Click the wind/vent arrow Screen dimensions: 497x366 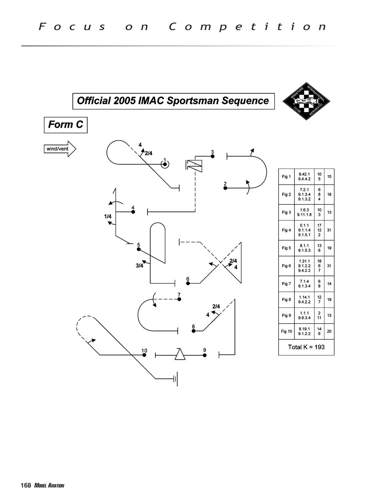(60, 149)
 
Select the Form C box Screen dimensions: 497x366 (66, 125)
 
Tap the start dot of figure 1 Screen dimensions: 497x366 (165, 164)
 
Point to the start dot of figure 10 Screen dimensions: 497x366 (144, 354)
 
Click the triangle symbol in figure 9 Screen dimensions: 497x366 (180, 354)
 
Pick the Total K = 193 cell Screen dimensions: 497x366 (306, 347)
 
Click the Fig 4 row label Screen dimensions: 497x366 (286, 230)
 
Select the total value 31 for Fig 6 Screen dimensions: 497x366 (329, 266)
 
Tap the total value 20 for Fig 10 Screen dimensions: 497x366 (329, 331)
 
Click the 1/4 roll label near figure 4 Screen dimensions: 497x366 (107, 216)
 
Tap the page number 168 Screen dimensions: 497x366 (26, 485)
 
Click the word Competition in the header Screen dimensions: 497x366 (248, 27)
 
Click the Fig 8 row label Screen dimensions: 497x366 (286, 299)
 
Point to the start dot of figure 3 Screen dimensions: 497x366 (213, 156)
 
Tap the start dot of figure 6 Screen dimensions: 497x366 (188, 283)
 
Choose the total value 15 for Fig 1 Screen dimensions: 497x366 (329, 176)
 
